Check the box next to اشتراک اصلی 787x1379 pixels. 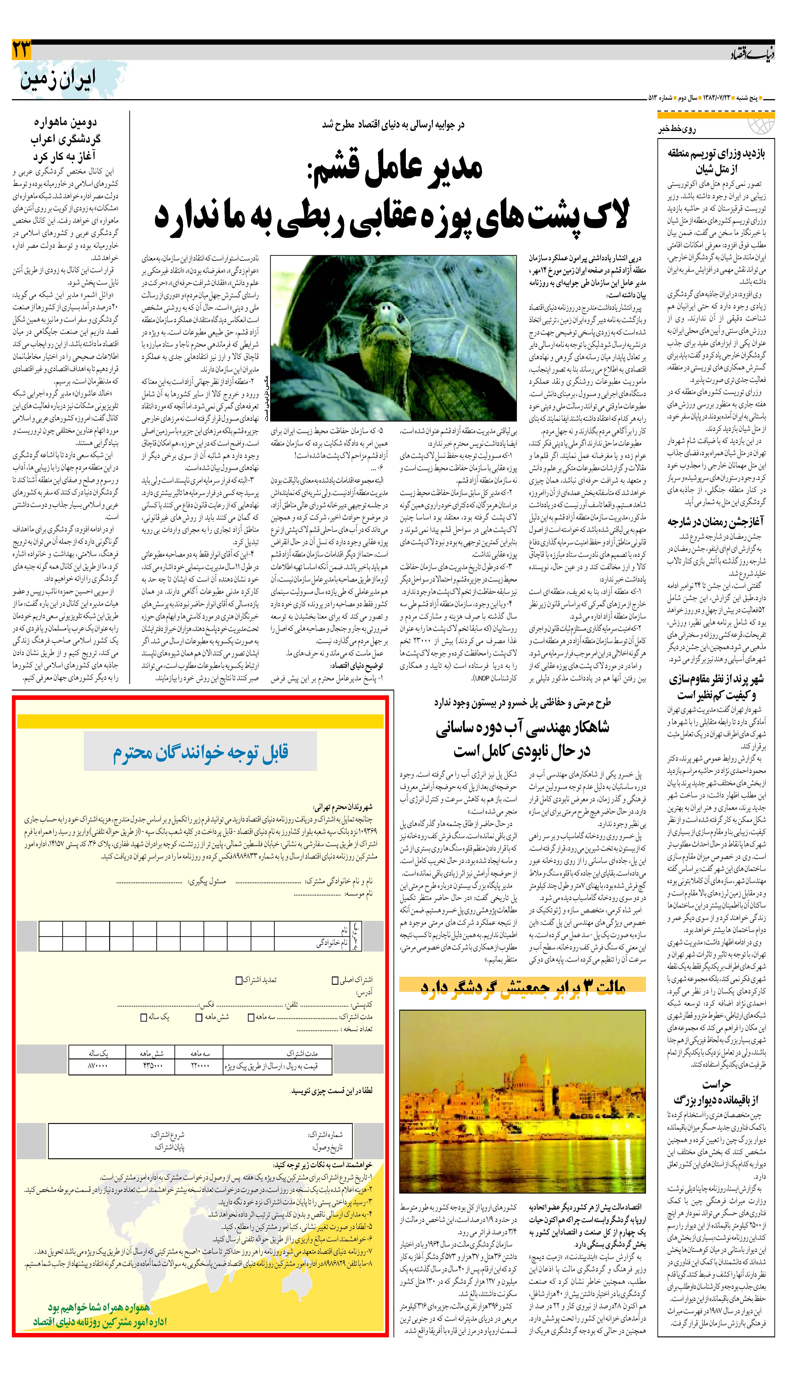click(335, 979)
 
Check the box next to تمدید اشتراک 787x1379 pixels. click(239, 979)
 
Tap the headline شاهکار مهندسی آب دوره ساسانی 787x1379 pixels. click(522, 738)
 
